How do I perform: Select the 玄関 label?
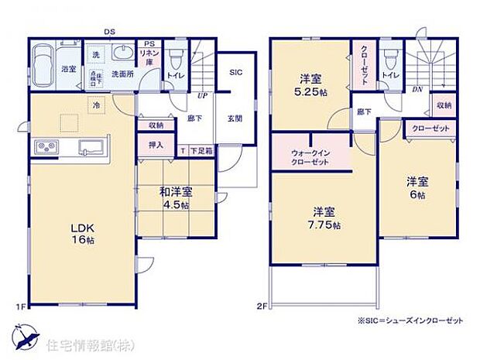point(235,119)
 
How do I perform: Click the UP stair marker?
point(201,96)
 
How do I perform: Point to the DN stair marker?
point(417,90)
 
